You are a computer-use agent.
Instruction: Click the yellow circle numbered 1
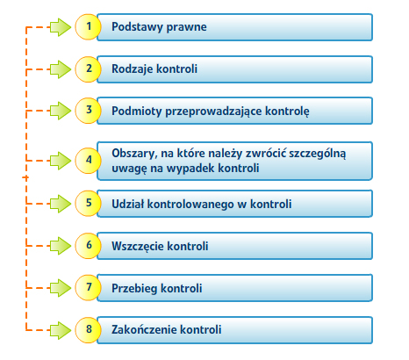click(x=88, y=26)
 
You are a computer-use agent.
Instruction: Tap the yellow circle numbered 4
click(x=88, y=161)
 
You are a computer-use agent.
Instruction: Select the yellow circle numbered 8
click(x=88, y=330)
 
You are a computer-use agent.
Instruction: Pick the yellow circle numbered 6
click(x=88, y=246)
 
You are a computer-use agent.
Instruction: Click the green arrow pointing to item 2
click(x=61, y=69)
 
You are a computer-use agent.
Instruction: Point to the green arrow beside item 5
click(x=61, y=204)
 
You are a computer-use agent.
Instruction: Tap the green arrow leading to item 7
click(x=61, y=288)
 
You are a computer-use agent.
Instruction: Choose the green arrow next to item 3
click(x=61, y=111)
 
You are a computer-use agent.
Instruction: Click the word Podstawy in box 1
click(x=137, y=27)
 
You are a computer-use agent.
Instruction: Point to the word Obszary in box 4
click(x=134, y=154)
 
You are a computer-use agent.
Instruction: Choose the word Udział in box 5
click(x=128, y=204)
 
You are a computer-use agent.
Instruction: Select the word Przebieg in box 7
click(x=135, y=289)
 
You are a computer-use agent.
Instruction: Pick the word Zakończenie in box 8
click(x=144, y=330)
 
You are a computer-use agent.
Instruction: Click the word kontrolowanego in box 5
click(x=190, y=205)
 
